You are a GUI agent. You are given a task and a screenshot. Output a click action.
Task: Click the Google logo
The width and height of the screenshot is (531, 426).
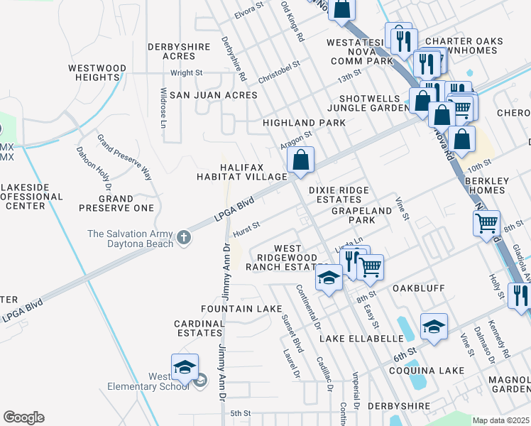[23, 417]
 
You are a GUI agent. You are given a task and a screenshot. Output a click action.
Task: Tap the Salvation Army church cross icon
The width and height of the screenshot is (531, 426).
[184, 237]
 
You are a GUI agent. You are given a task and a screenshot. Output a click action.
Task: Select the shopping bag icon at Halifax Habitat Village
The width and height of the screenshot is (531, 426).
[301, 160]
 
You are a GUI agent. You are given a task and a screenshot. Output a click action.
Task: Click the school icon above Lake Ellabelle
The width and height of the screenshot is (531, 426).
[434, 327]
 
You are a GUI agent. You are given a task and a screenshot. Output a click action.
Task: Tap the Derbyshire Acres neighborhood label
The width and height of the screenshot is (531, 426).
[171, 51]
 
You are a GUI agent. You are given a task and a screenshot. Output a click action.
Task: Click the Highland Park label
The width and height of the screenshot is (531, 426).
[304, 123]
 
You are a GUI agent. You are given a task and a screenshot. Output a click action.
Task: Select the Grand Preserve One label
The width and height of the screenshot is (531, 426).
[116, 204]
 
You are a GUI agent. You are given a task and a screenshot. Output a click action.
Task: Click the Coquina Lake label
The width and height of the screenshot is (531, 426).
[426, 371]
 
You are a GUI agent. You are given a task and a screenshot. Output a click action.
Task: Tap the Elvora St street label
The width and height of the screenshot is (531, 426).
[249, 11]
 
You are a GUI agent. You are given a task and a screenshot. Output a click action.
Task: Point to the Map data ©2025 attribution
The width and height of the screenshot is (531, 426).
[501, 420]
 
